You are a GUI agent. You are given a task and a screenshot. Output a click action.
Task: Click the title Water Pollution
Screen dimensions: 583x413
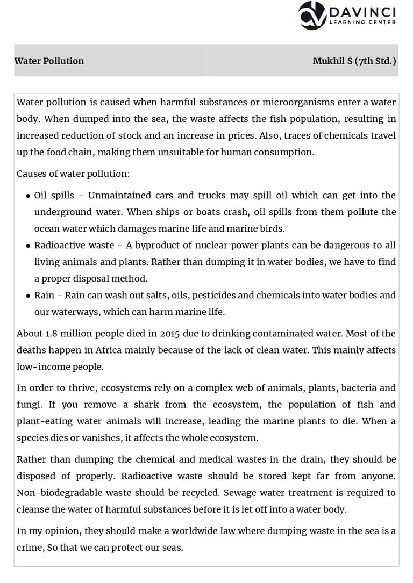click(49, 61)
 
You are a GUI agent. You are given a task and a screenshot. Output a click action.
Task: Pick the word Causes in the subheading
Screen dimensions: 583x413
click(31, 174)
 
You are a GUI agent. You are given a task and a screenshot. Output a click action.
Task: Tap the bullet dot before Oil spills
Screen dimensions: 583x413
click(27, 196)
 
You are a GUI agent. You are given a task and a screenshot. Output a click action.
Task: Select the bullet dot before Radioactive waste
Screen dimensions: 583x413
click(27, 246)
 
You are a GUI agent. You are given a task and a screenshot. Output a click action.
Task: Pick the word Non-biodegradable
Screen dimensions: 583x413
click(63, 492)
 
